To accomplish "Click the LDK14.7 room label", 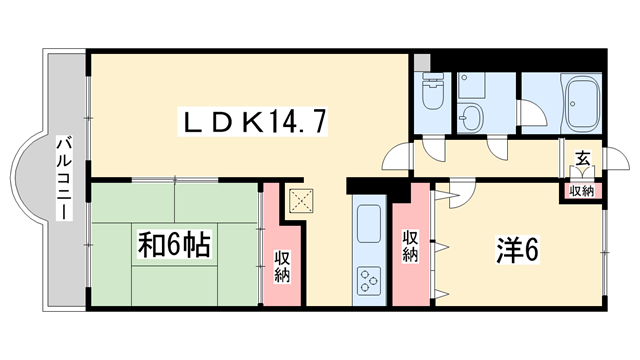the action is coord(252,121).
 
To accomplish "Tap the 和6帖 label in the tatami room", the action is coord(174,244).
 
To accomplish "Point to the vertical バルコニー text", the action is coord(64,179).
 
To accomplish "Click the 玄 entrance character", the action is coord(582,158).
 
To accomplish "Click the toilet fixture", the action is coord(433,91).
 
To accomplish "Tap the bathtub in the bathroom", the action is coord(582,103).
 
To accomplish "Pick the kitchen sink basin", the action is coord(369,224).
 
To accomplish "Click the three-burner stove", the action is coord(369,281).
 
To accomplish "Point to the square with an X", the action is coord(301,201).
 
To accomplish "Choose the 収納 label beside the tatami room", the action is coord(282,267).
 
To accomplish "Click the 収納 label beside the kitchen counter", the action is coord(410,246).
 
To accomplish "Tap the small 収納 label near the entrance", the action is coord(582,191).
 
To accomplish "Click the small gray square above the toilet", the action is coord(421,62).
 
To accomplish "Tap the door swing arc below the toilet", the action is coord(434,152).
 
